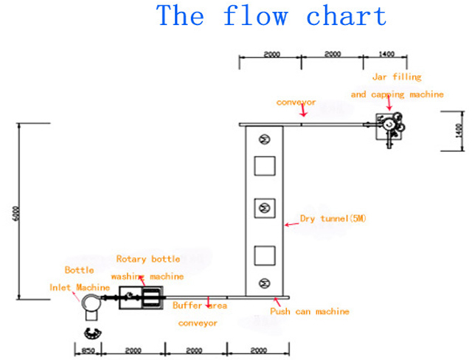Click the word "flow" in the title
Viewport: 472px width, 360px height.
tap(257, 15)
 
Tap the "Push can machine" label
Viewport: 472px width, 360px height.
tap(309, 311)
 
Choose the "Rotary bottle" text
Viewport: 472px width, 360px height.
tap(147, 259)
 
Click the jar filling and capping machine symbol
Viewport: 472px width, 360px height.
tap(388, 125)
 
